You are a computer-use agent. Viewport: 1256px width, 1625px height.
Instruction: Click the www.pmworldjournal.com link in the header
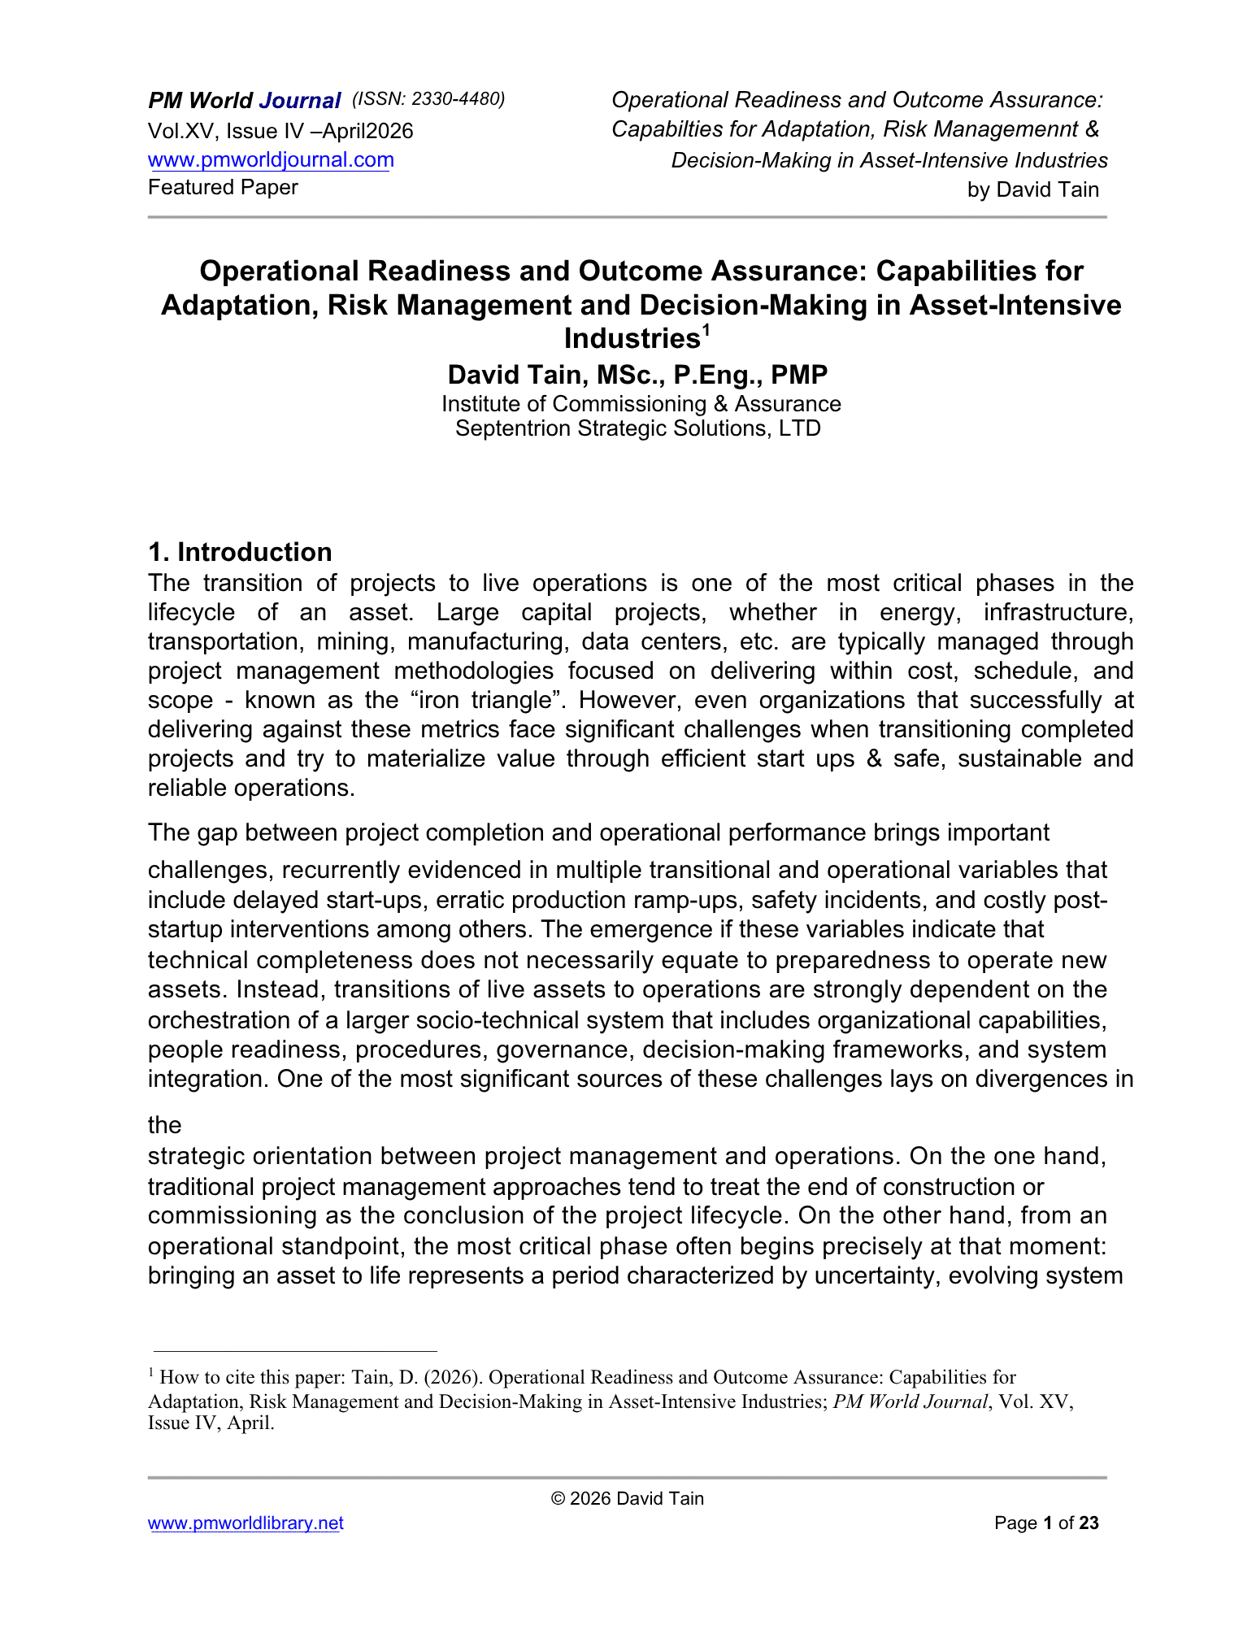tap(271, 160)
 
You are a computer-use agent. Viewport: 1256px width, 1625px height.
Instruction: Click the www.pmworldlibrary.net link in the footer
tap(246, 1523)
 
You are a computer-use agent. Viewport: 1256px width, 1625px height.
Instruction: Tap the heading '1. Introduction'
tap(240, 552)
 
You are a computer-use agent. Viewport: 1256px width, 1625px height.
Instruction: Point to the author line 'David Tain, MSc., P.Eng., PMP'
tap(637, 375)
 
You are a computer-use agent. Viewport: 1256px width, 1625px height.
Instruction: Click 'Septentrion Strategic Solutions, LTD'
tap(637, 428)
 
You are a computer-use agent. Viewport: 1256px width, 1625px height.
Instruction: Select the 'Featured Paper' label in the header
tap(223, 188)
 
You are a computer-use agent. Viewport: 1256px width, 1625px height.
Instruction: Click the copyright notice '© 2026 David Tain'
tap(627, 1498)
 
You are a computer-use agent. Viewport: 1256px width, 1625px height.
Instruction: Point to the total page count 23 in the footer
tap(1089, 1523)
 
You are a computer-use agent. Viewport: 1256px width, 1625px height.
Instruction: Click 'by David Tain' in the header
tap(1032, 190)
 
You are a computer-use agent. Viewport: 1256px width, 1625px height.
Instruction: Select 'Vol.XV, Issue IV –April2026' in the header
tap(280, 131)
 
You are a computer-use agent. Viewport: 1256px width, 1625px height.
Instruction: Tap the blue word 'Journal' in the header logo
tap(299, 101)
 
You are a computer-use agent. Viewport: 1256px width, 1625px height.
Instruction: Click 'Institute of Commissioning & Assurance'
tap(641, 404)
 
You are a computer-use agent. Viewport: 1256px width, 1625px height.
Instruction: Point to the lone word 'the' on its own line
tap(164, 1125)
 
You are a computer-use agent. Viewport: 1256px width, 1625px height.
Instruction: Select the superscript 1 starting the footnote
tap(151, 1373)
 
